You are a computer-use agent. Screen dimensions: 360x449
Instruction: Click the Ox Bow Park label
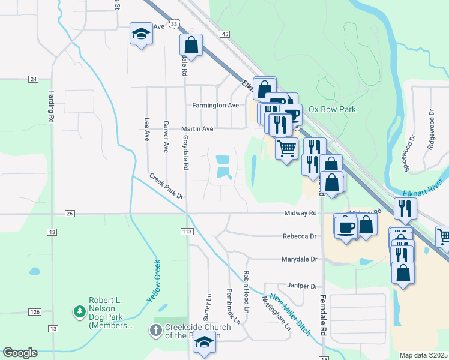coord(332,109)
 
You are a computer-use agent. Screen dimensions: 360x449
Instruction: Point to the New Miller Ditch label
coord(289,314)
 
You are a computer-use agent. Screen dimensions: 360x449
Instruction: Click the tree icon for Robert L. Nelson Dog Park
coord(79,311)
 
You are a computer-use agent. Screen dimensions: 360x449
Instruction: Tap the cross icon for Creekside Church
coord(155,329)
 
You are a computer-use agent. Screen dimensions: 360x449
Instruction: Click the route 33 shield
coord(174,23)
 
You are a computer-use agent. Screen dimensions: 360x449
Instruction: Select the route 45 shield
coord(225,35)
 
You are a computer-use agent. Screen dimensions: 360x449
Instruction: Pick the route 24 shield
coord(33,79)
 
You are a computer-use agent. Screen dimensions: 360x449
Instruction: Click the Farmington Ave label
coord(215,105)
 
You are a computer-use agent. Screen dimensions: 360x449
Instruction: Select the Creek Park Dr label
coord(166,187)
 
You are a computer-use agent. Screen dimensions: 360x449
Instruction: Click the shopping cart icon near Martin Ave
coord(287,146)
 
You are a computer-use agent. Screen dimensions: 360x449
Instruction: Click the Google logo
coord(20,353)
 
